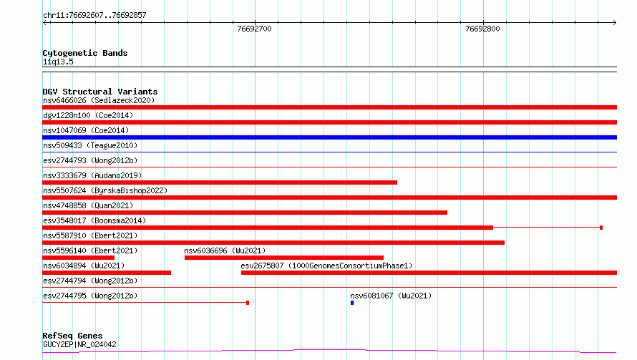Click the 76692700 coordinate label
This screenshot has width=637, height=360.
tap(254, 29)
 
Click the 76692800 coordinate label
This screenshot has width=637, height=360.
tap(482, 29)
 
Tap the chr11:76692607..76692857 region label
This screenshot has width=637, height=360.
tap(94, 15)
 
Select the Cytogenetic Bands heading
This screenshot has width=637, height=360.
tap(85, 53)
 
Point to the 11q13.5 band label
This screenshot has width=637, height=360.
tap(58, 62)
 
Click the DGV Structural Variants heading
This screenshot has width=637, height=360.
tap(100, 92)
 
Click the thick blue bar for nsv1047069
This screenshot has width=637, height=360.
tap(329, 137)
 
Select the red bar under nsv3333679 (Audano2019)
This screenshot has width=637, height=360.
tap(220, 183)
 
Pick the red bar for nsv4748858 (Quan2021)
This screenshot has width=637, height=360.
tap(245, 213)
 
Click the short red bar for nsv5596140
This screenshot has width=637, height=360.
tap(79, 258)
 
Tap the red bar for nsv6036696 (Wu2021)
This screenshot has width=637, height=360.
tap(284, 258)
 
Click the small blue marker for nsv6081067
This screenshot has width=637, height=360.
tap(352, 303)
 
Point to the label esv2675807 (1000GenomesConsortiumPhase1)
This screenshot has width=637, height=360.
tap(326, 266)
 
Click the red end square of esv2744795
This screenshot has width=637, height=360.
tap(248, 303)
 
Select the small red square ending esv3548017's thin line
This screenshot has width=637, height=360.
tap(601, 228)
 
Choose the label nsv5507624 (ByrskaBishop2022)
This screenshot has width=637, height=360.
tap(105, 190)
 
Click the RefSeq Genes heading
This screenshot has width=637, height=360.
tap(72, 336)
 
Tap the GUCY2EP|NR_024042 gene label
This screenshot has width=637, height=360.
tap(79, 344)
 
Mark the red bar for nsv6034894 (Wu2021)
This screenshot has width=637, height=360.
tap(107, 273)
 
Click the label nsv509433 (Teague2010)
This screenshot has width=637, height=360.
tap(90, 145)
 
